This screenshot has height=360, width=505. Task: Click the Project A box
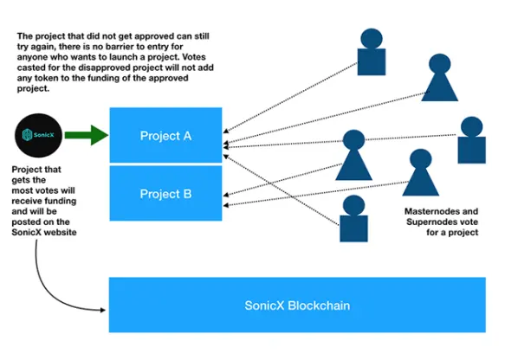pyautogui.click(x=165, y=135)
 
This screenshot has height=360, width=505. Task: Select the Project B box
pyautogui.click(x=165, y=193)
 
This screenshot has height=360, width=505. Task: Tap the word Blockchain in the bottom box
pyautogui.click(x=319, y=305)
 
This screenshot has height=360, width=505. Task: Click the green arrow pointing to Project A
pyautogui.click(x=87, y=135)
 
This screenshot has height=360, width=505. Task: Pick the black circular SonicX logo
pyautogui.click(x=38, y=136)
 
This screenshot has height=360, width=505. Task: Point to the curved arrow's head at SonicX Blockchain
pyautogui.click(x=103, y=310)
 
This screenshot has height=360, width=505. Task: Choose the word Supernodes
pyautogui.click(x=432, y=222)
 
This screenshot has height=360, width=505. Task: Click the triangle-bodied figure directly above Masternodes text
pyautogui.click(x=421, y=173)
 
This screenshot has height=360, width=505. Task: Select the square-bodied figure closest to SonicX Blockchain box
pyautogui.click(x=353, y=218)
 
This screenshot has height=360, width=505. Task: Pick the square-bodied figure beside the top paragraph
pyautogui.click(x=372, y=52)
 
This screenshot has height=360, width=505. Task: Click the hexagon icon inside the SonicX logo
pyautogui.click(x=27, y=135)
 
